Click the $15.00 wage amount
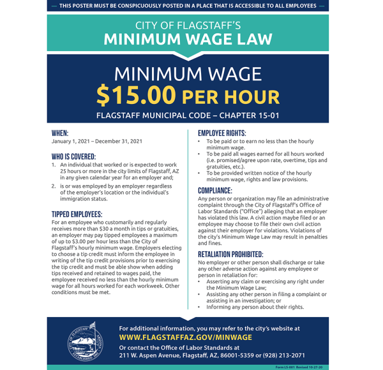click(135, 95)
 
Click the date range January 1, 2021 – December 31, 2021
click(96, 142)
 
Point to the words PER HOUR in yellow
click(231, 96)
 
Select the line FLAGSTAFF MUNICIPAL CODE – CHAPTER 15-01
click(188, 115)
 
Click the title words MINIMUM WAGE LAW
click(188, 39)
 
